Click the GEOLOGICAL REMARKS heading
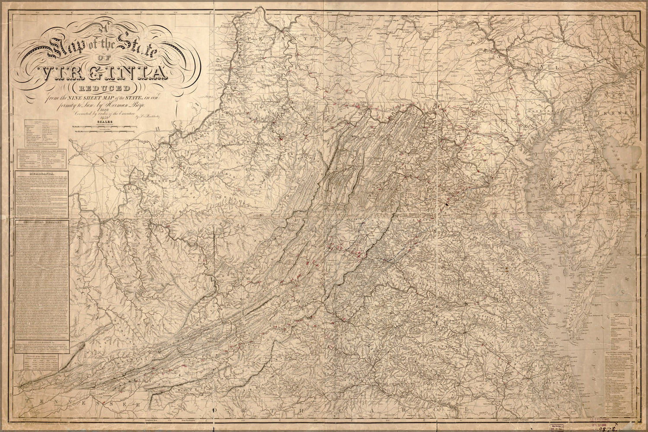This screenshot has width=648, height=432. click(x=41, y=223)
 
